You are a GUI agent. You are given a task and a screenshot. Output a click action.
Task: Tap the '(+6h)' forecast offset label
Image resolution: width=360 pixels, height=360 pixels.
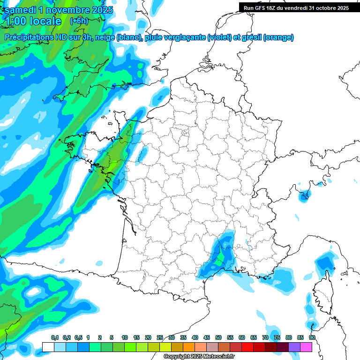pyautogui.click(x=79, y=21)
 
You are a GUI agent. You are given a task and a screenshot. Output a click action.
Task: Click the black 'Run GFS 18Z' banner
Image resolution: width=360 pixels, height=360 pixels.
pyautogui.click(x=296, y=7)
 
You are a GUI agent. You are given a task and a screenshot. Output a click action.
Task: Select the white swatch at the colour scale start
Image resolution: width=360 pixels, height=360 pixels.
pyautogui.click(x=48, y=347)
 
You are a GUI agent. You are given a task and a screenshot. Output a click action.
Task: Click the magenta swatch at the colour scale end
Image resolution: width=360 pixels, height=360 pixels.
pyautogui.click(x=306, y=347)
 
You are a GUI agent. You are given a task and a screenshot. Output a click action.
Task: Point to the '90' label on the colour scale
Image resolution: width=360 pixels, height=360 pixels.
pyautogui.click(x=312, y=338)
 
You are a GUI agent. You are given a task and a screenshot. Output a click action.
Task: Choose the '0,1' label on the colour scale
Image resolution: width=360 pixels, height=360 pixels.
pyautogui.click(x=54, y=338)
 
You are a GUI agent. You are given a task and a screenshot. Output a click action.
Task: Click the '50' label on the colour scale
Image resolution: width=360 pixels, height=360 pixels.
pyautogui.click(x=218, y=338)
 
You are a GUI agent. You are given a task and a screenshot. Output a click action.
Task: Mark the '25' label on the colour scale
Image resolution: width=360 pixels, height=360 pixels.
pyautogui.click(x=160, y=338)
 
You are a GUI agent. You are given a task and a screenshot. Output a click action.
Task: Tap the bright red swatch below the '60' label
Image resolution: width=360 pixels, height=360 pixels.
pyautogui.click(x=247, y=347)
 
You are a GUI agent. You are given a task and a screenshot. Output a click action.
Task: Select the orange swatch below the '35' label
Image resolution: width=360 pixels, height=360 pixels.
pyautogui.click(x=189, y=347)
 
